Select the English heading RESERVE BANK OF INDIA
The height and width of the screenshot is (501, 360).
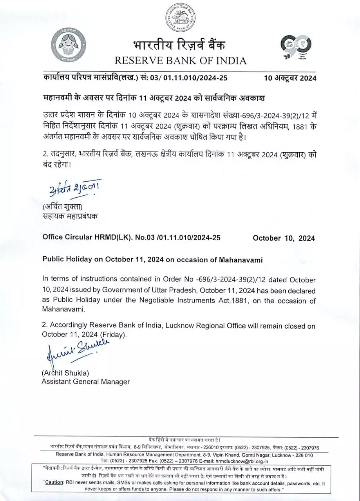(x=181, y=61)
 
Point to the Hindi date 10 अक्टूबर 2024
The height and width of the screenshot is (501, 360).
(x=290, y=77)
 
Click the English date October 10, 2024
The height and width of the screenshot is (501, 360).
(x=284, y=238)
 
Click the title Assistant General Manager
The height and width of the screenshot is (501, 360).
(x=85, y=381)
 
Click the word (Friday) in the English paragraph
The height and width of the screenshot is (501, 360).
(x=113, y=335)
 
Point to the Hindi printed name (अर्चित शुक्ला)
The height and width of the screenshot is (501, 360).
(x=63, y=207)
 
